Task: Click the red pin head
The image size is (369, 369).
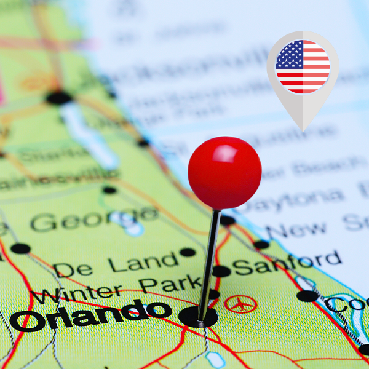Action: point(224,173)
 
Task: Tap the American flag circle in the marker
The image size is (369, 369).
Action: point(303,66)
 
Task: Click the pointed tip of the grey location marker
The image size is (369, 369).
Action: point(303,128)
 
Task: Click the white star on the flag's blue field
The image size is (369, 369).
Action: point(288,55)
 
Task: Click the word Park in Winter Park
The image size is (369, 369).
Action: point(169,284)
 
